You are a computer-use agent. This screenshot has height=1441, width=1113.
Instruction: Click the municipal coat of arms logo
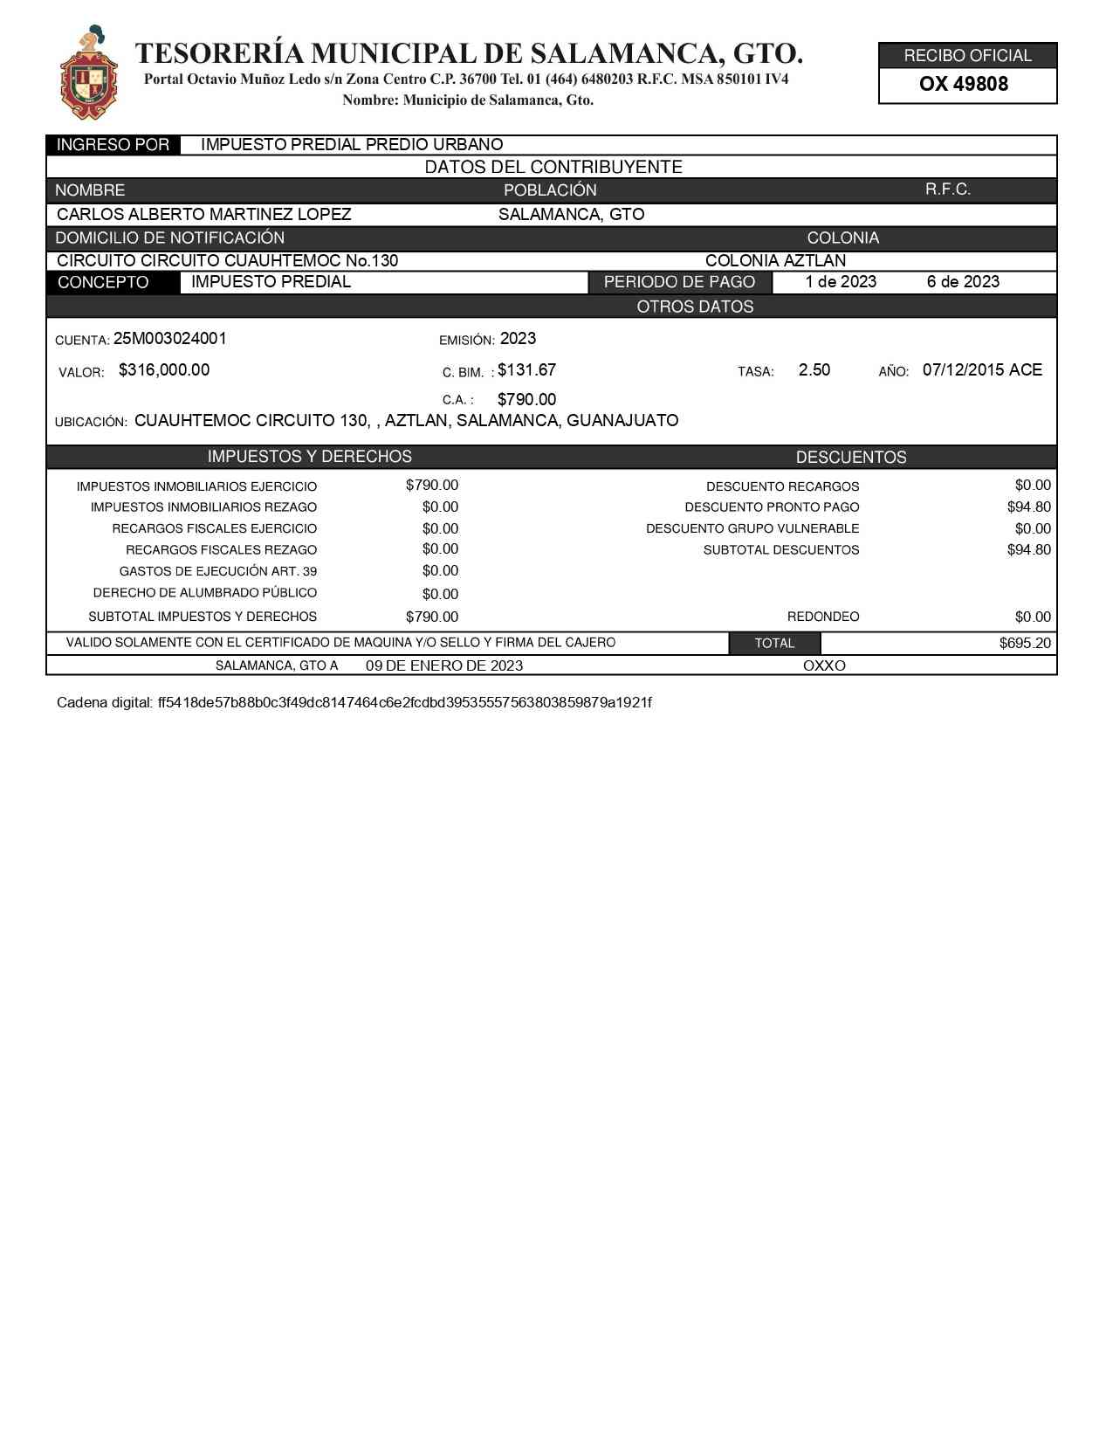click(89, 73)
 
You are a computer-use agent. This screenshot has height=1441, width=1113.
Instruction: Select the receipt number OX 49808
click(964, 85)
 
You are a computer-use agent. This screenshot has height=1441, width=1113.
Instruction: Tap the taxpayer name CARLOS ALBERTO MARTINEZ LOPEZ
click(203, 215)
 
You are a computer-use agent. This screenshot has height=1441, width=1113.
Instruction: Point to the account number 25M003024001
click(170, 339)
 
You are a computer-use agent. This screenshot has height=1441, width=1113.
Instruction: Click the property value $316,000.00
click(164, 370)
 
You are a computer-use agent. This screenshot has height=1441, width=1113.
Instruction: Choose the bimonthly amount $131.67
click(526, 370)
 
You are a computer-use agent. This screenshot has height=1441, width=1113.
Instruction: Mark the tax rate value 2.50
click(814, 370)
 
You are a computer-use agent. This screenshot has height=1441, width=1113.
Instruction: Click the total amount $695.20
click(1025, 644)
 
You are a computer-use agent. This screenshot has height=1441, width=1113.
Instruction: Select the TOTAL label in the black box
click(774, 644)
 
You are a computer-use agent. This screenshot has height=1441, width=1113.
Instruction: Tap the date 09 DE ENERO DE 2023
click(444, 666)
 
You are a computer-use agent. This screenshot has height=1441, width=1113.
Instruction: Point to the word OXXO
click(824, 666)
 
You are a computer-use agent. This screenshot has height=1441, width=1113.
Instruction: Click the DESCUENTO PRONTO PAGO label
click(772, 507)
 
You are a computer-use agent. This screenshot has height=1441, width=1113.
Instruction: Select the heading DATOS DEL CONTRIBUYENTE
click(553, 168)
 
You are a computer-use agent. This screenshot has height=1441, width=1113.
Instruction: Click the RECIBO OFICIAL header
click(967, 56)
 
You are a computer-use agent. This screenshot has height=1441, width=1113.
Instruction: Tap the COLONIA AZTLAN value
click(775, 261)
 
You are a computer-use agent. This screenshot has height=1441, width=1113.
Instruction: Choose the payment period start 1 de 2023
click(841, 282)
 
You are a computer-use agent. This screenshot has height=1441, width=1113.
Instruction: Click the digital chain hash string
click(404, 703)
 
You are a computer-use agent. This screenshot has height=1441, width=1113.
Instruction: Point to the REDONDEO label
click(823, 617)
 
